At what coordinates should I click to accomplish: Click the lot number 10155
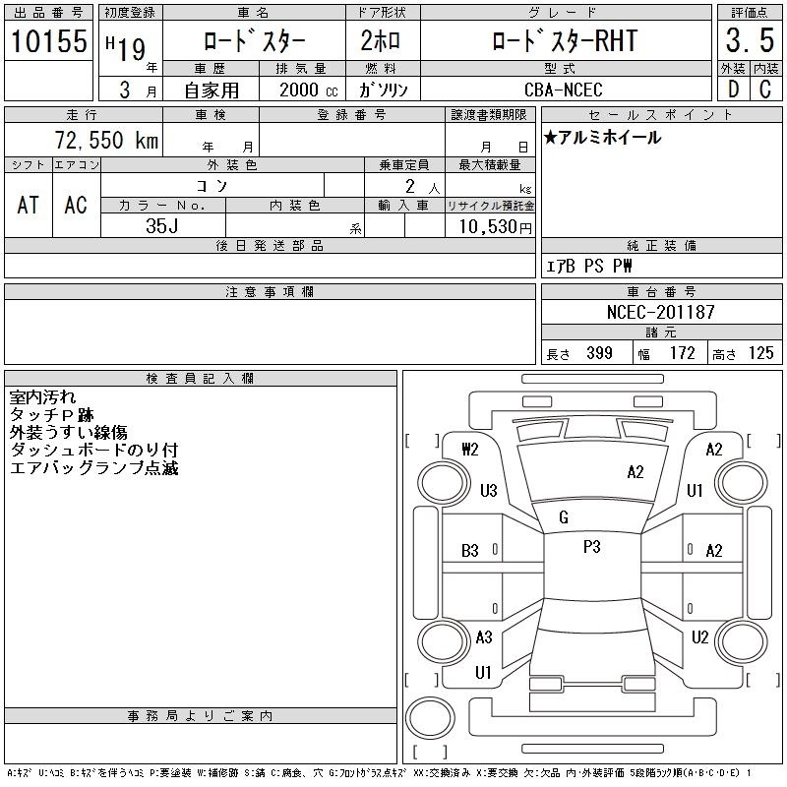[48, 40]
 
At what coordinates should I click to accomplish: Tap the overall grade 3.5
[750, 40]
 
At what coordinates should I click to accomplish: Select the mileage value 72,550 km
[106, 140]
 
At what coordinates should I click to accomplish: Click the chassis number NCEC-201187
[660, 312]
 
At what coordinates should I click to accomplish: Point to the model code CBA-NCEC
[563, 90]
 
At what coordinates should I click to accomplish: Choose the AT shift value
[29, 205]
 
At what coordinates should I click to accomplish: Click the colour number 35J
[161, 226]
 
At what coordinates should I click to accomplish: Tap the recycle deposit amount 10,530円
[495, 226]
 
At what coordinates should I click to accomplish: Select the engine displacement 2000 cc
[308, 90]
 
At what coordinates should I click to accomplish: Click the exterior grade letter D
[733, 90]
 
